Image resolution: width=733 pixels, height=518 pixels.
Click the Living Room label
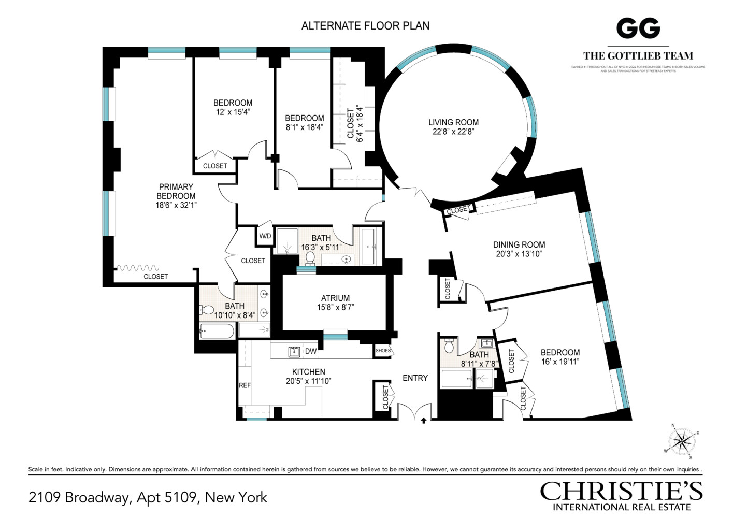(453, 122)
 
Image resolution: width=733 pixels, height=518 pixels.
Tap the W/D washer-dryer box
(265, 236)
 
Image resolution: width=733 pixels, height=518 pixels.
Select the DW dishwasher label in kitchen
(310, 351)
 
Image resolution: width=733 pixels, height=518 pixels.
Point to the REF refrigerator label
(245, 385)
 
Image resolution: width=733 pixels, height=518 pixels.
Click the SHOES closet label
(383, 351)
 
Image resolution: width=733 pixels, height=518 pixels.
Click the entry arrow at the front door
(424, 421)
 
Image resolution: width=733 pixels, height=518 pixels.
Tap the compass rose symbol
(682, 442)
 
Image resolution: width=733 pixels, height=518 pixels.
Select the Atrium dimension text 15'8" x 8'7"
(335, 307)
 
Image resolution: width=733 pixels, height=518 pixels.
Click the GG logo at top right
(638, 28)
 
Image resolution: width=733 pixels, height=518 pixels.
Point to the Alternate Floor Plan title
(365, 25)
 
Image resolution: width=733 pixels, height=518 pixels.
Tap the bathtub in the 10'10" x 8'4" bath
(217, 330)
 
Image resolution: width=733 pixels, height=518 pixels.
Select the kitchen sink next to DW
(294, 352)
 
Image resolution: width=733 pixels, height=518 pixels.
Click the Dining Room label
(519, 244)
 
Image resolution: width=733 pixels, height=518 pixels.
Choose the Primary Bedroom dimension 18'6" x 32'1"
(176, 205)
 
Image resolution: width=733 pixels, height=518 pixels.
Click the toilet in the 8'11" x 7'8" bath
(449, 345)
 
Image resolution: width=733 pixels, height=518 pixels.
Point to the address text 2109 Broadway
(148, 497)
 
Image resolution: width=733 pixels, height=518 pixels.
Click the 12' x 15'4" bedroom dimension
(233, 112)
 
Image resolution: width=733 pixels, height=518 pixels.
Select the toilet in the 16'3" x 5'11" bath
(310, 257)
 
